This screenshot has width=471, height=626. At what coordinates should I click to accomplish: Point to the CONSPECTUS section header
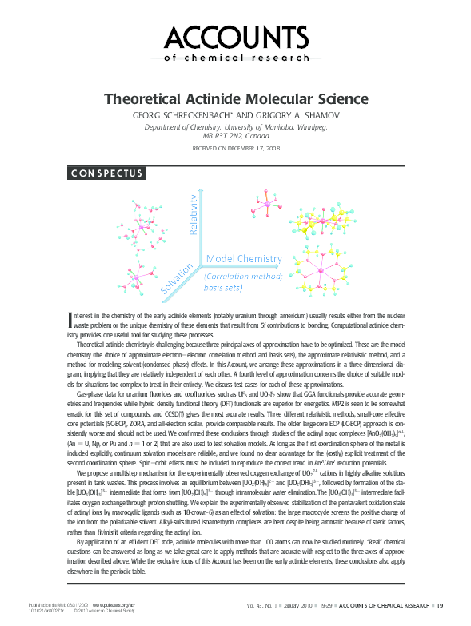[x=106, y=173]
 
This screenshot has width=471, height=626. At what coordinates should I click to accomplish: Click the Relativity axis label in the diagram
[x=192, y=214]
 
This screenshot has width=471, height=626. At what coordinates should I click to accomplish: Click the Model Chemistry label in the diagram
[x=245, y=259]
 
